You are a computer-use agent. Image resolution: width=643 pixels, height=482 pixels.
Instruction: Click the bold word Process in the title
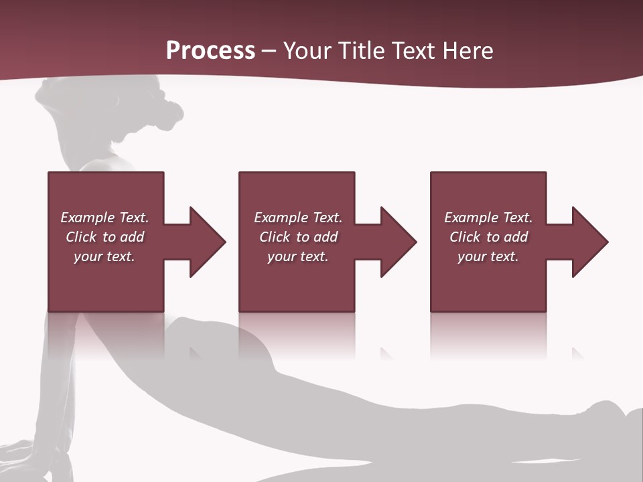pos(210,51)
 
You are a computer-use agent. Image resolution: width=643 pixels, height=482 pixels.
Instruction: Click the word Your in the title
pos(307,51)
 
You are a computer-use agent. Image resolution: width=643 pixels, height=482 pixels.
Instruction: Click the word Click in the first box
pos(81,237)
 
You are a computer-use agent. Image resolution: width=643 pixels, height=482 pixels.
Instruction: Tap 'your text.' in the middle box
pos(297,256)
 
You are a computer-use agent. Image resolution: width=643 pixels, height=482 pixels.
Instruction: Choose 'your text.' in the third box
pos(488,256)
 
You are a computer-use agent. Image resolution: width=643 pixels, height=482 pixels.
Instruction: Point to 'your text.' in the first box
pos(104,256)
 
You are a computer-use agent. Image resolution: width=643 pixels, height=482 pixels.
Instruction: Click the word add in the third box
pos(516,237)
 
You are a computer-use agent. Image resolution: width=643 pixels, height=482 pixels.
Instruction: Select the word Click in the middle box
pos(275,237)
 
